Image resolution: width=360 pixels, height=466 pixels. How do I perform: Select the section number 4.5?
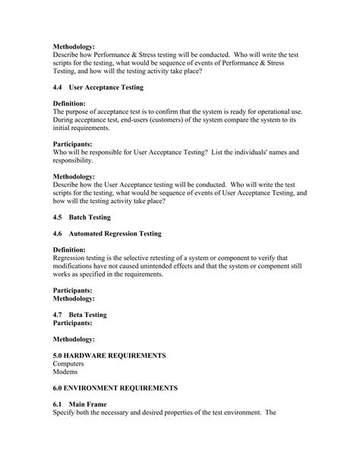[x=59, y=217]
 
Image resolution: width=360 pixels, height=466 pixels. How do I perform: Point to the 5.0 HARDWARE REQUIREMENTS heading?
[x=109, y=356]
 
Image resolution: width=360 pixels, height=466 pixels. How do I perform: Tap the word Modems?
[x=66, y=372]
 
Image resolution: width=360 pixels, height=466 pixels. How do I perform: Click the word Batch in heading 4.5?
[x=78, y=217]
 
